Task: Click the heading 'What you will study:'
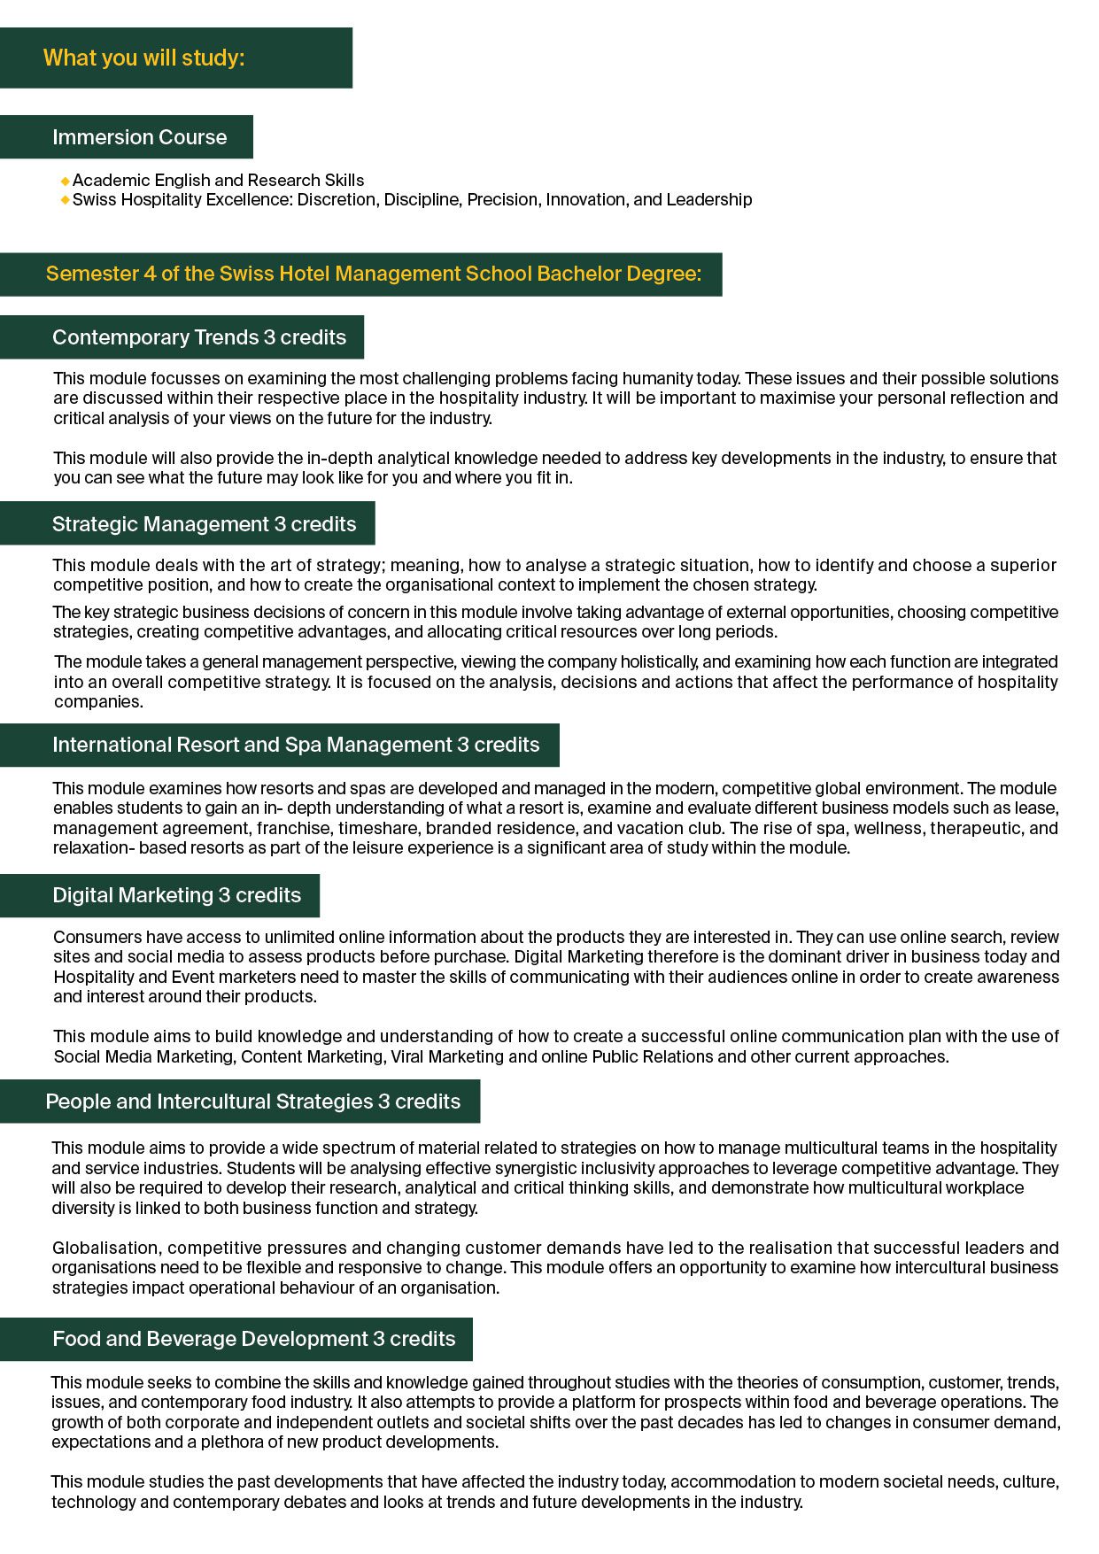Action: pyautogui.click(x=143, y=58)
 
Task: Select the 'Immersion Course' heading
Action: pyautogui.click(x=139, y=137)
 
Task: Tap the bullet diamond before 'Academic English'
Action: pyautogui.click(x=65, y=182)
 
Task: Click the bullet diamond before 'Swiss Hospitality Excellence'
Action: pyautogui.click(x=65, y=200)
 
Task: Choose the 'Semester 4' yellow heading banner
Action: pyautogui.click(x=373, y=274)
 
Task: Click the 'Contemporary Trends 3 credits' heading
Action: pyautogui.click(x=198, y=337)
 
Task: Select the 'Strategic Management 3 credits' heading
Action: pyautogui.click(x=204, y=524)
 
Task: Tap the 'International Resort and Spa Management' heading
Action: pyautogui.click(x=295, y=746)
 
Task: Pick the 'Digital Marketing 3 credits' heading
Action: pyautogui.click(x=176, y=896)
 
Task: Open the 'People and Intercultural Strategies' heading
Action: pyautogui.click(x=252, y=1102)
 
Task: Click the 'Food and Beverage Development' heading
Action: pyautogui.click(x=253, y=1340)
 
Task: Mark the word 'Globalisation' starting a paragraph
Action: pyautogui.click(x=104, y=1249)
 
